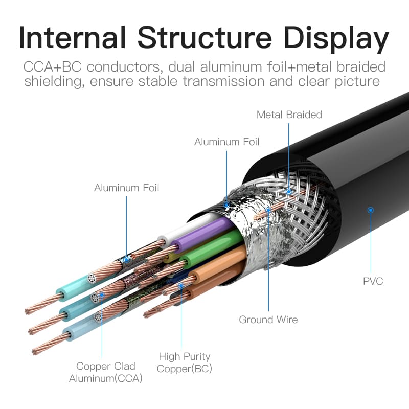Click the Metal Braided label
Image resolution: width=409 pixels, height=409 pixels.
click(x=289, y=115)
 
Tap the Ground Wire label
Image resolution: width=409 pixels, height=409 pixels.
click(x=268, y=320)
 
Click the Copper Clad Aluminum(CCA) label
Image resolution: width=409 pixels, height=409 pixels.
click(x=106, y=372)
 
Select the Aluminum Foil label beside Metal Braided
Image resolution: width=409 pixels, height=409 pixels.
click(x=226, y=142)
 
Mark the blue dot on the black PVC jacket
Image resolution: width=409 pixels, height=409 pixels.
click(x=371, y=210)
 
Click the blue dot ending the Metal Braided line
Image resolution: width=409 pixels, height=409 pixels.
click(x=289, y=192)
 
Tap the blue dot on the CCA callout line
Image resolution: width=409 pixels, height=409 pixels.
click(x=102, y=295)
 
